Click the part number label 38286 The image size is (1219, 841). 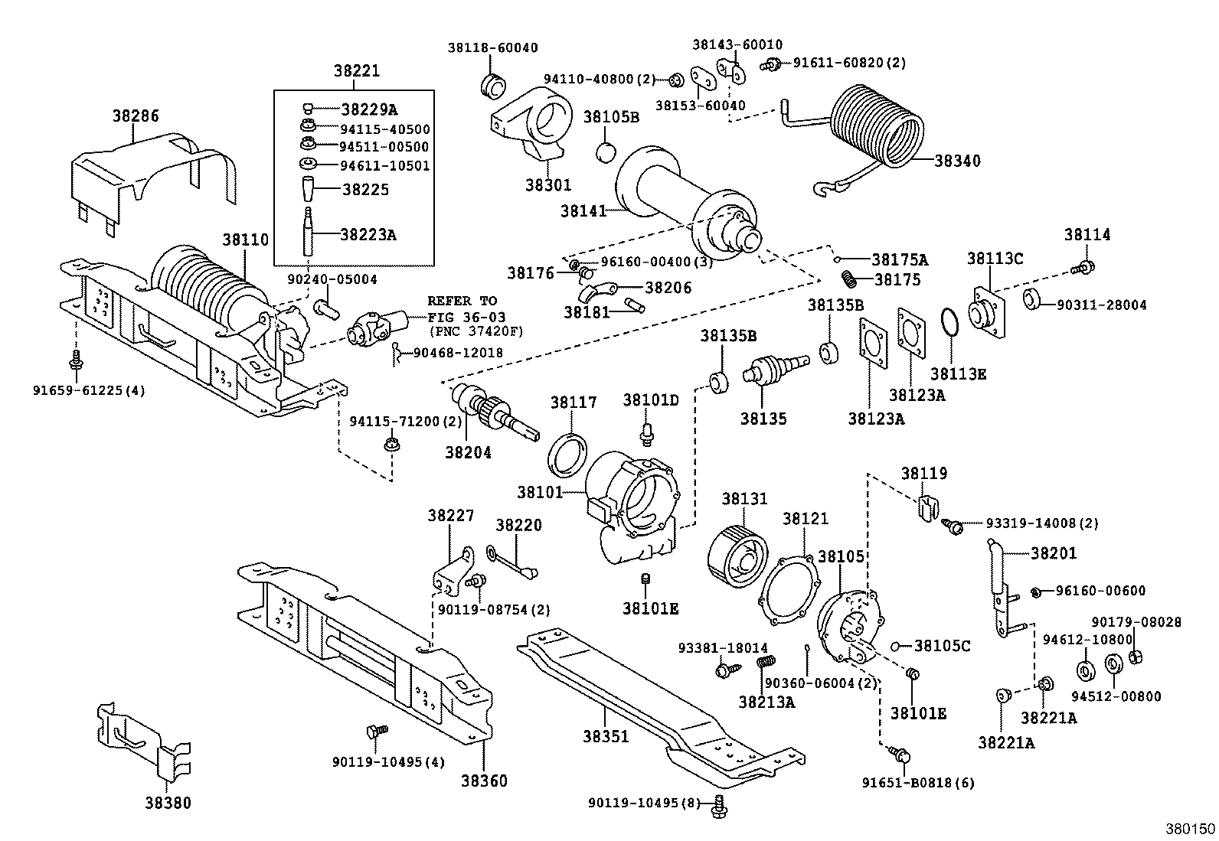tap(136, 116)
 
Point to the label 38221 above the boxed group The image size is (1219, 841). tap(356, 71)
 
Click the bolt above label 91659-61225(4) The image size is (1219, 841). tap(75, 357)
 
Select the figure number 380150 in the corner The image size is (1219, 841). tap(1190, 829)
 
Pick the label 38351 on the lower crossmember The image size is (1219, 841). tap(606, 736)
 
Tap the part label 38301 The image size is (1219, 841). tap(548, 185)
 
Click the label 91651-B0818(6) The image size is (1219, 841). tap(918, 783)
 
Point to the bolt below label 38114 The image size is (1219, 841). tap(1085, 267)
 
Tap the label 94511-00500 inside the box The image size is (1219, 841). tap(384, 147)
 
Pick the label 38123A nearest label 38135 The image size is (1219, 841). tap(876, 419)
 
